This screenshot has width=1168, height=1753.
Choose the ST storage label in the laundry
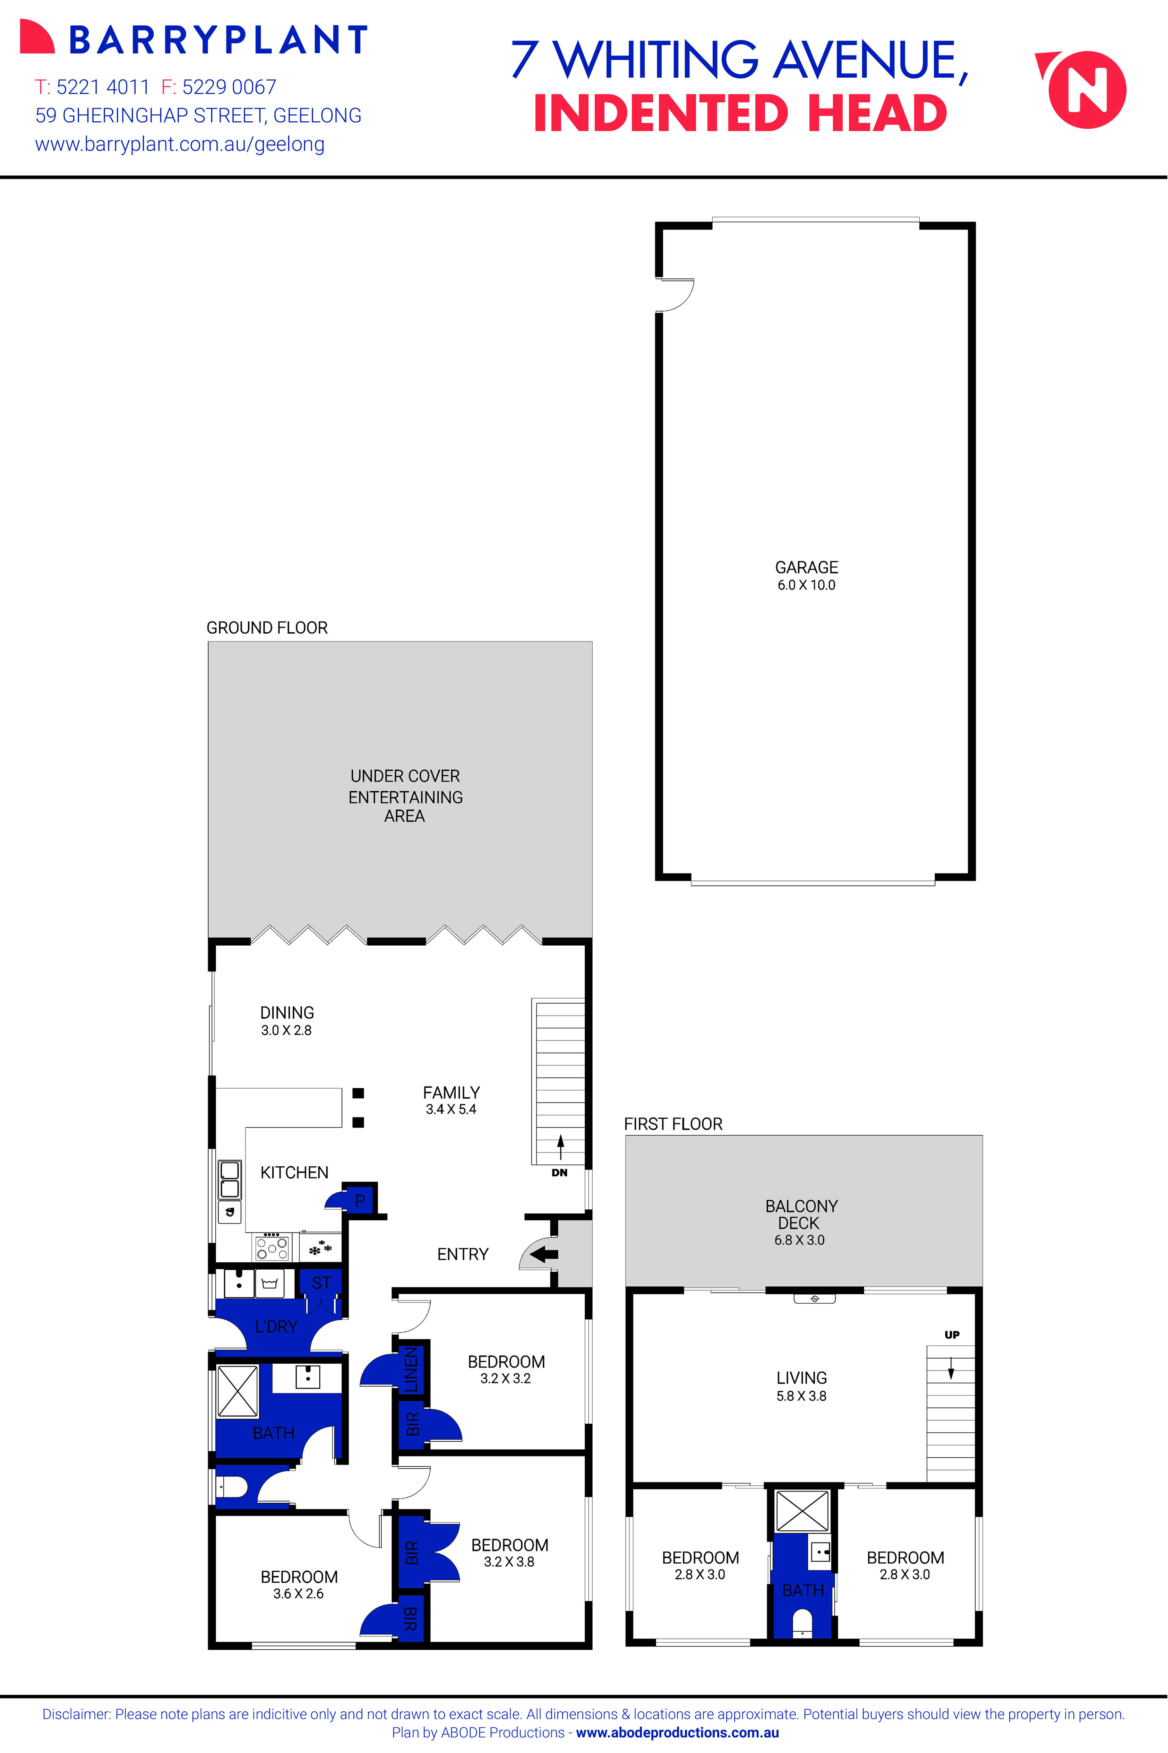tap(321, 1283)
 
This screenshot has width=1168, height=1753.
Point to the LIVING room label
tap(801, 1378)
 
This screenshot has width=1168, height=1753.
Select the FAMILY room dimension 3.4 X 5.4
tap(451, 1109)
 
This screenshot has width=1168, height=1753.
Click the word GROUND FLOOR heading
tap(267, 628)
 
